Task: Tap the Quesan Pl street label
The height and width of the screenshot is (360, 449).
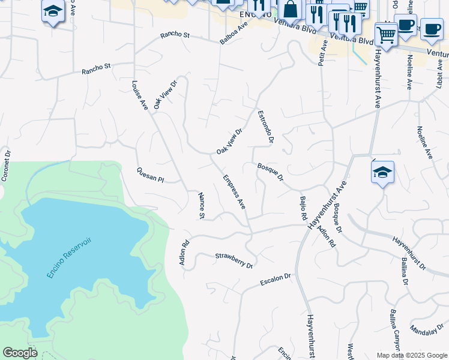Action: (150, 175)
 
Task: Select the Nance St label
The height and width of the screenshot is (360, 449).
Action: (202, 205)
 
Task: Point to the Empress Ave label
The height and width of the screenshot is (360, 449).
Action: (234, 191)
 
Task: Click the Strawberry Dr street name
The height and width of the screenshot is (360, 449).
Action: (234, 260)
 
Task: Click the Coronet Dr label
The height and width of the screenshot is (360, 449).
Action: (7, 166)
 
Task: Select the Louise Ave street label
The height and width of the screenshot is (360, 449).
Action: (140, 95)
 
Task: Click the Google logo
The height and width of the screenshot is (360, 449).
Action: (20, 353)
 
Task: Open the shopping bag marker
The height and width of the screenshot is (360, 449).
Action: (290, 10)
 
